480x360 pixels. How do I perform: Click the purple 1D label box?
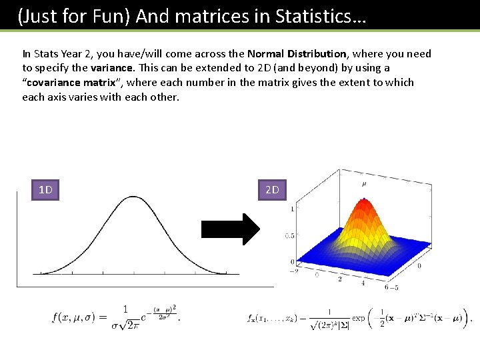(x=45, y=191)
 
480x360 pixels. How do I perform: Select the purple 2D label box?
(x=272, y=191)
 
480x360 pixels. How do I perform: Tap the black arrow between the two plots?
(x=231, y=229)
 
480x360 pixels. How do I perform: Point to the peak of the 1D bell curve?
(x=135, y=197)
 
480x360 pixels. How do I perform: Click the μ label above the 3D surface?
(x=363, y=183)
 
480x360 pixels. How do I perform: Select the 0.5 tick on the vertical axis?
(x=289, y=236)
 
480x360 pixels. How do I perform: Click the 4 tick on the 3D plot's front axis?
(x=363, y=283)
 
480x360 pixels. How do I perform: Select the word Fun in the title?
(x=113, y=16)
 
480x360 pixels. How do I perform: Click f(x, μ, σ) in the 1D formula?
(x=78, y=317)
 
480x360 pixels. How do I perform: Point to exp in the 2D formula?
(x=359, y=319)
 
